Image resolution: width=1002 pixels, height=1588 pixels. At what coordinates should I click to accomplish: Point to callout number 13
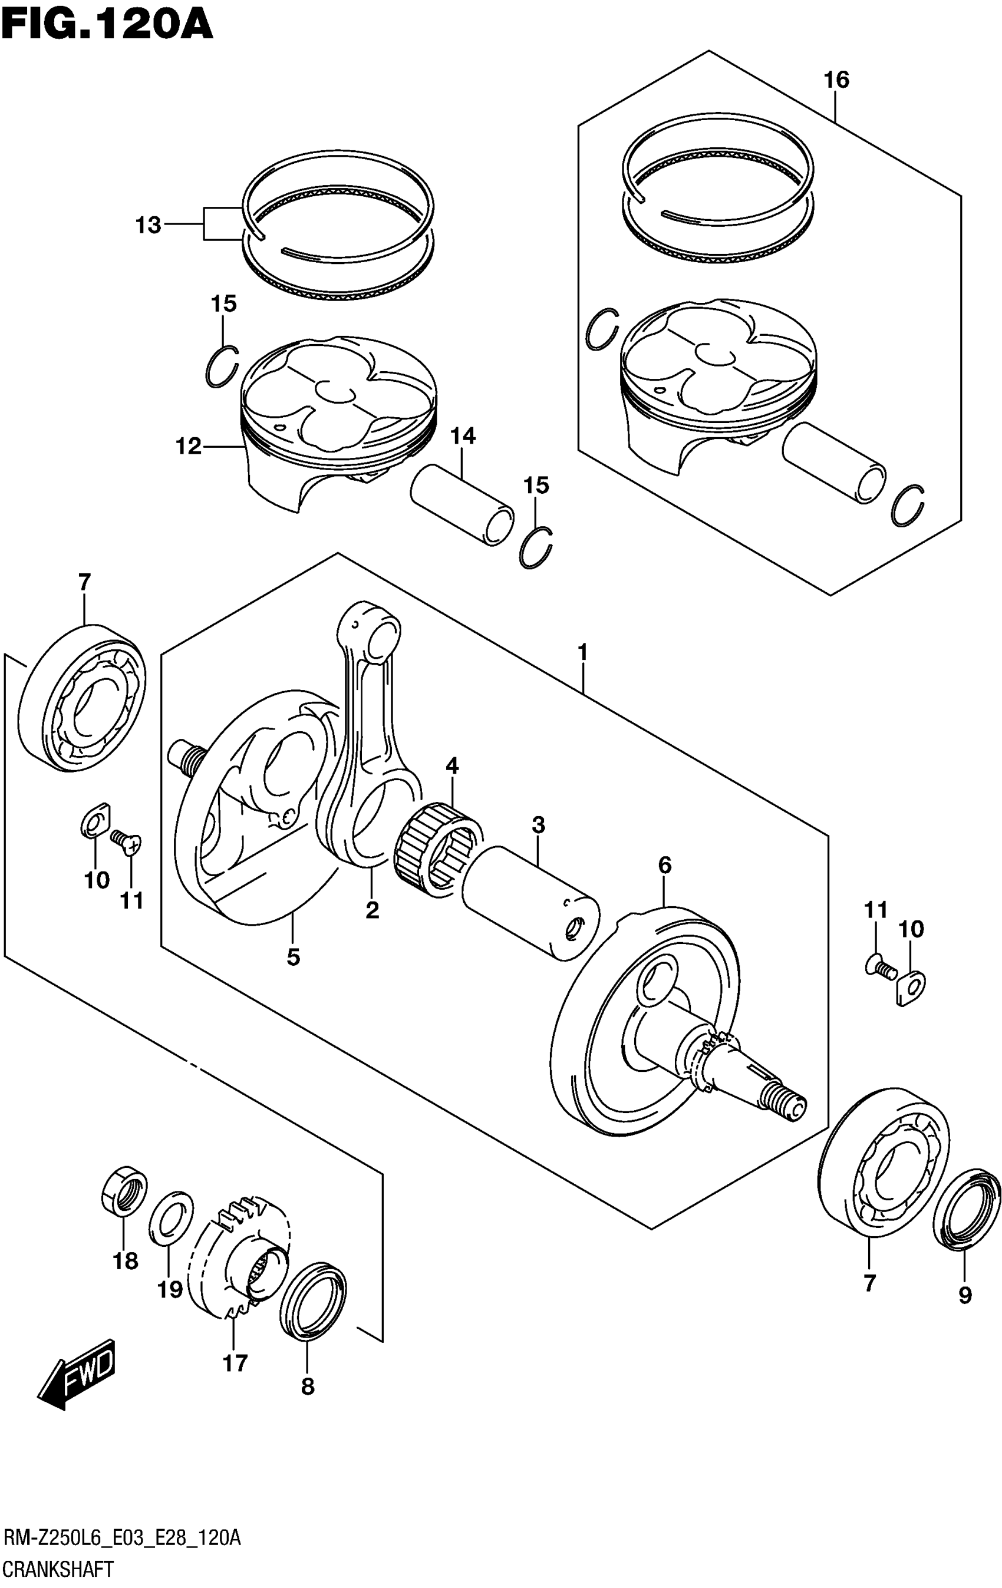[148, 226]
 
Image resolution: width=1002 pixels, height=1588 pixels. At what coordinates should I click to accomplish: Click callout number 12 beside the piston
[188, 447]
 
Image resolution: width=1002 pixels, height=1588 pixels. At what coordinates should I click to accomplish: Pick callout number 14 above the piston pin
[463, 435]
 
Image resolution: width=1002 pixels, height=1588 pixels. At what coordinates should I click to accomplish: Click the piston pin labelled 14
[462, 504]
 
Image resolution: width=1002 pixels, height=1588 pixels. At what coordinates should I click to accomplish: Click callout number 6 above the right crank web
[664, 864]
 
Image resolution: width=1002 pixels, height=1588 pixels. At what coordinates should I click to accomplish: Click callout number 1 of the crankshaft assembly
[582, 653]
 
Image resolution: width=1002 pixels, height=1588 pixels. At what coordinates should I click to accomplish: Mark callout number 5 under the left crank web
[294, 956]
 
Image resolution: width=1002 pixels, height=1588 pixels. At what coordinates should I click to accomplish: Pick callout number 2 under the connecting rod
[372, 910]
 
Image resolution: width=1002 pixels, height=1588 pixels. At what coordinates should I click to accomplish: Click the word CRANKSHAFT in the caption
[60, 1568]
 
